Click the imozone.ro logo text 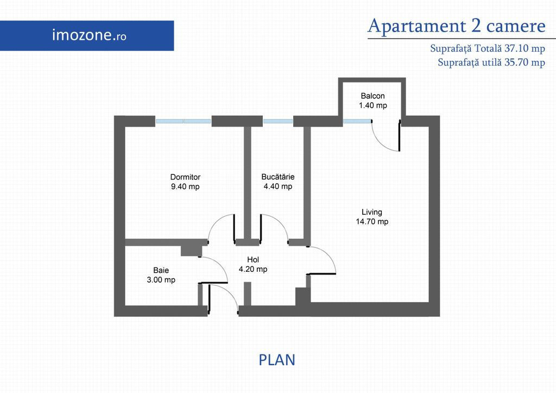coord(89,35)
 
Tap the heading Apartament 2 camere coord(456,26)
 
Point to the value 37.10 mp coord(525,48)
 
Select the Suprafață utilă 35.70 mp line coord(491,63)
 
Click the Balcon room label coord(372,96)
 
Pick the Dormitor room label coord(186,177)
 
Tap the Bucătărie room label coord(278,177)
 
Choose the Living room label coord(372,213)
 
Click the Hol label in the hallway coord(253,260)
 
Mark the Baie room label coord(161,271)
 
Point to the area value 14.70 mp coord(372,222)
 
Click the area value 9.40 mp coord(186,187)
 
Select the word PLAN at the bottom coord(277,360)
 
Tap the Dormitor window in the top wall coord(184,121)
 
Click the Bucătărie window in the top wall coord(278,121)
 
